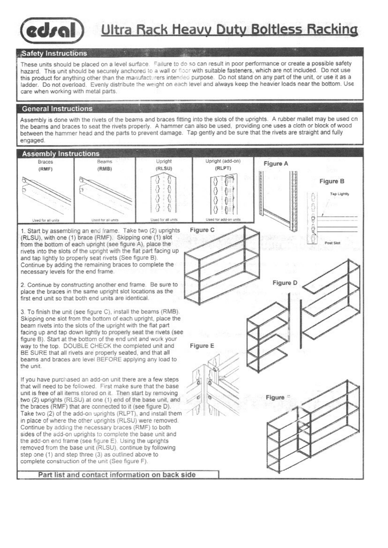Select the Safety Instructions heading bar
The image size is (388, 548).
click(54, 54)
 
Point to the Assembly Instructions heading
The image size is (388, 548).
click(60, 154)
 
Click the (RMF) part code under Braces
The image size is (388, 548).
click(45, 169)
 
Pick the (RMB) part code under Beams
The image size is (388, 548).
click(104, 169)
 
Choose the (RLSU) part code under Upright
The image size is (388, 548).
click(164, 169)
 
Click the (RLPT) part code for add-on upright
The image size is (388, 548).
click(223, 169)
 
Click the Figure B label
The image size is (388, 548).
click(332, 181)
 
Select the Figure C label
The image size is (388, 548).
click(202, 230)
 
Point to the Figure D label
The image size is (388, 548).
click(285, 283)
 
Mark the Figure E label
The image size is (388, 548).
click(202, 346)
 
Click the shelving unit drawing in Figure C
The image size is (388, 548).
click(221, 265)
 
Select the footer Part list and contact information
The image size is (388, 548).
click(117, 475)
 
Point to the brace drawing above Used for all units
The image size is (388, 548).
click(46, 196)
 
